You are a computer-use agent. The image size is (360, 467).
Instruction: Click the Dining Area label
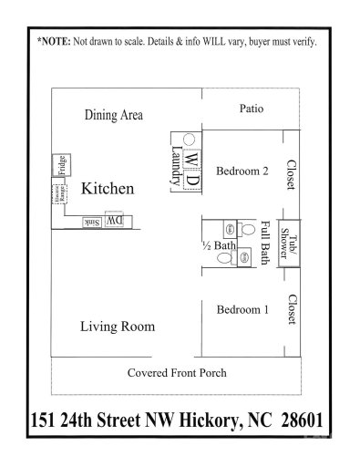(114, 115)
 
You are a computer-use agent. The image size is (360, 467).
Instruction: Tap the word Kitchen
(108, 190)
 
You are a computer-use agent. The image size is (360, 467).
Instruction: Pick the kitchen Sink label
(91, 222)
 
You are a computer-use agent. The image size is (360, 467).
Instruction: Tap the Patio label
(252, 109)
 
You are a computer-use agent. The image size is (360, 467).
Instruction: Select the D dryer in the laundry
(190, 179)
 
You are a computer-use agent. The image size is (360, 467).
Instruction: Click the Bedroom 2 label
(242, 170)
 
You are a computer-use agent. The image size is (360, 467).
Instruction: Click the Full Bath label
(265, 243)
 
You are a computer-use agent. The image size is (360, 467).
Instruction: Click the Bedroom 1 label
(242, 310)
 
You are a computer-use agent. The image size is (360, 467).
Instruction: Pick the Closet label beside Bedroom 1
(290, 309)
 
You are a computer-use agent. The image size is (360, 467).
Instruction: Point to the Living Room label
(117, 326)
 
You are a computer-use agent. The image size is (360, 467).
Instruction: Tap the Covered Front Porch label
(177, 372)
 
